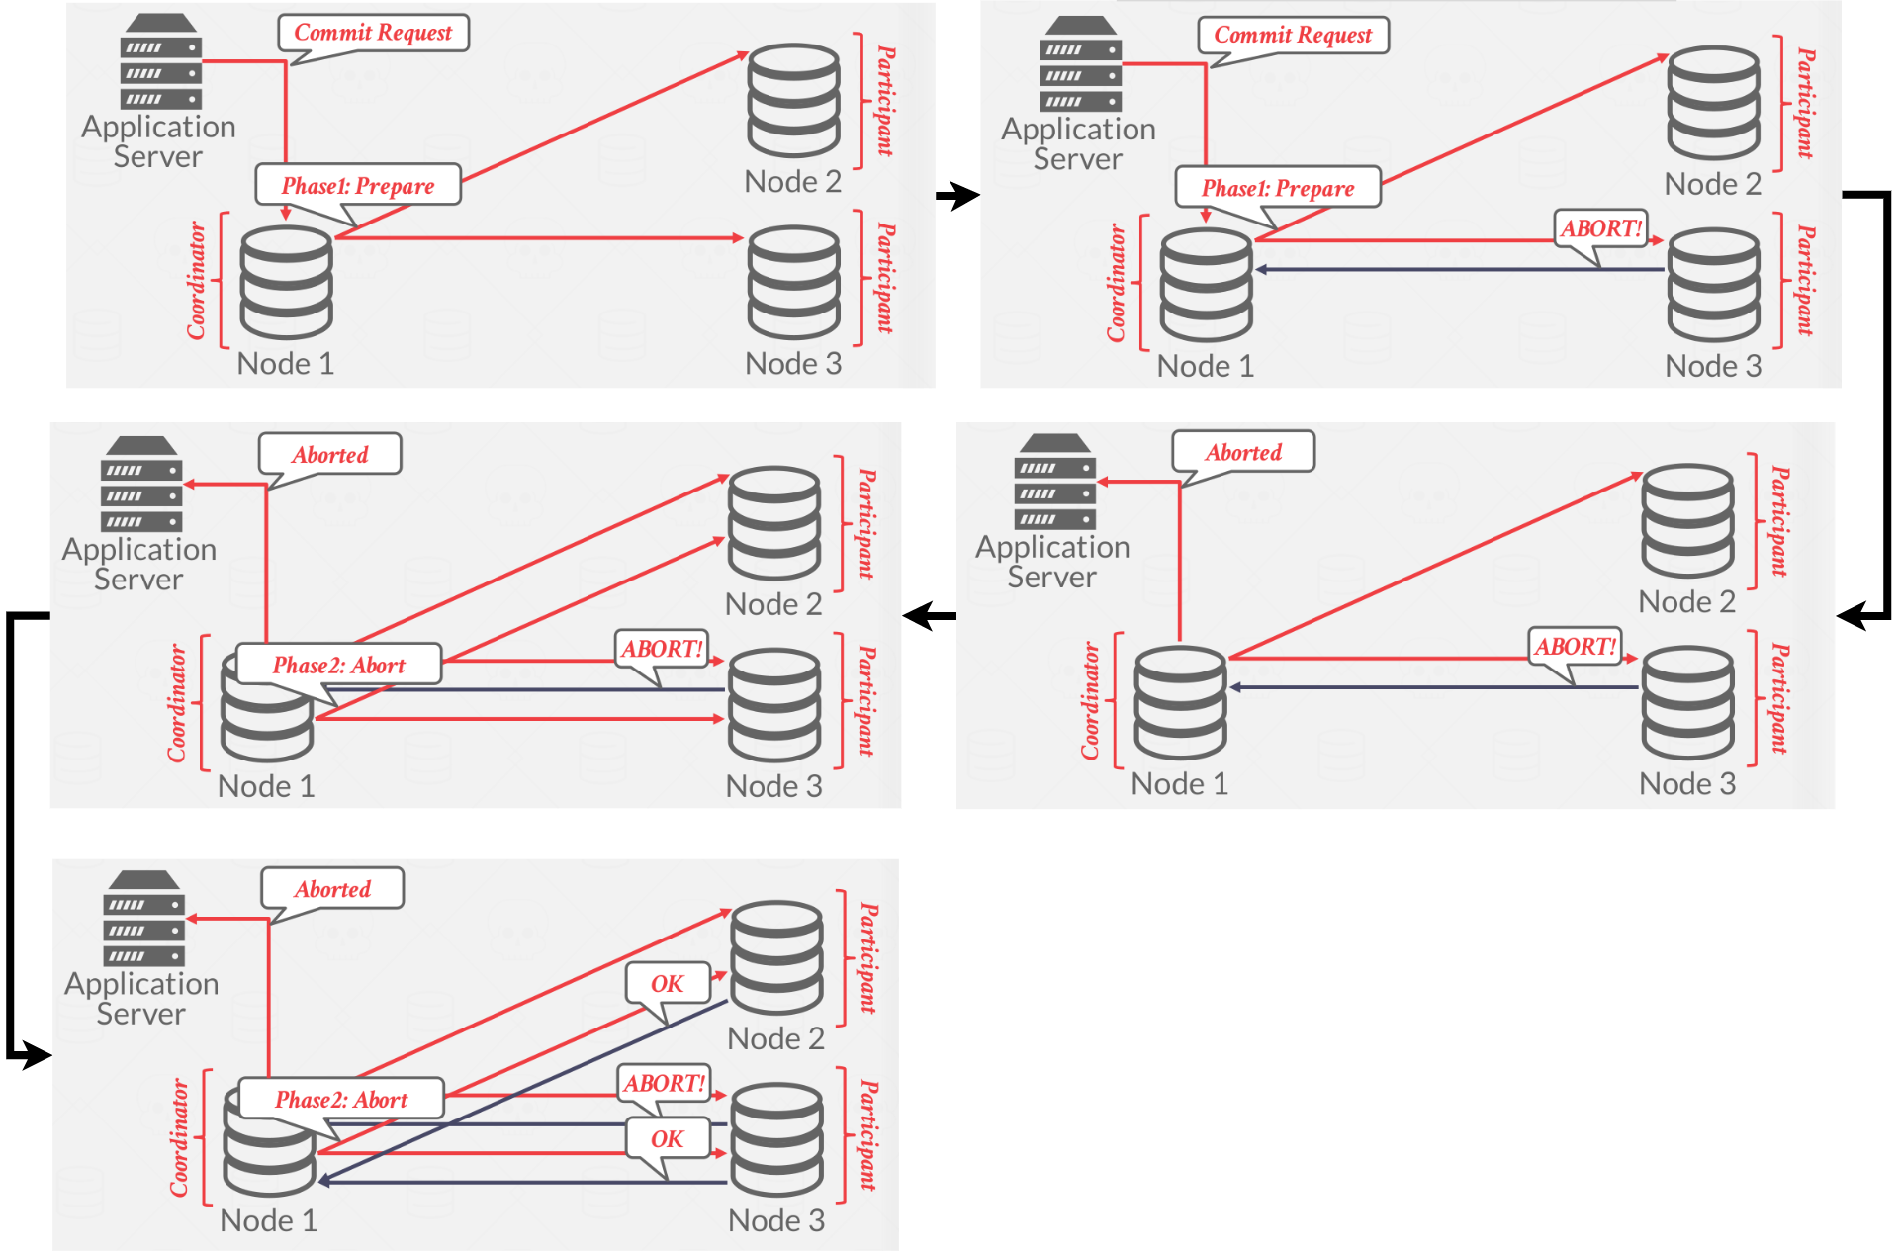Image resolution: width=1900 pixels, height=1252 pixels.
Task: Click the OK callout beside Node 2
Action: coord(668,984)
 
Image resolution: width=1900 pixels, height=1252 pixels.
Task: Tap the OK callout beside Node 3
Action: coord(668,1139)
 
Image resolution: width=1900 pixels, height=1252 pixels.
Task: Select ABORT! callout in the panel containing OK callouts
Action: coord(664,1084)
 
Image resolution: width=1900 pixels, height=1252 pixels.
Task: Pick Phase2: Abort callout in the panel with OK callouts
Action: coord(341,1100)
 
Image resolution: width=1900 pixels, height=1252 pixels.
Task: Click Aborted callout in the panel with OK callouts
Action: coord(332,889)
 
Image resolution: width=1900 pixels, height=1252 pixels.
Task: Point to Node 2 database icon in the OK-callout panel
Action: coord(776,957)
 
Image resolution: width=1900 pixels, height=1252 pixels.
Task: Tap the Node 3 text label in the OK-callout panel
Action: coord(776,1221)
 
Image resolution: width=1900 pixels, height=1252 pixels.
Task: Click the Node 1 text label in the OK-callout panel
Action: coord(269,1221)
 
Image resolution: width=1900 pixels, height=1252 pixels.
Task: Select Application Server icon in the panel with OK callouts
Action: coord(143,918)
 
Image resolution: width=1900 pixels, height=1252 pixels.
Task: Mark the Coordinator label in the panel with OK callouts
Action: coord(179,1137)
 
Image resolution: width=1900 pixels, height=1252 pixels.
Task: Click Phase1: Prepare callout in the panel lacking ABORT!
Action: coord(358,186)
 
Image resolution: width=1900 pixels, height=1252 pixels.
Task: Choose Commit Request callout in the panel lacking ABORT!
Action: coord(373,33)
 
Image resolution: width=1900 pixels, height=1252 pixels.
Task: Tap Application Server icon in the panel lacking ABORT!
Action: coord(160,61)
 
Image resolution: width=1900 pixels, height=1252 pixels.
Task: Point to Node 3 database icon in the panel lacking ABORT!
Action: coord(794,283)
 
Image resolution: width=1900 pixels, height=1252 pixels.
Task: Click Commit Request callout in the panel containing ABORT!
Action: coord(1293,36)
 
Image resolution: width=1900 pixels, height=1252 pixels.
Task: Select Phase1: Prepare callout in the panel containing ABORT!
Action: coord(1278,188)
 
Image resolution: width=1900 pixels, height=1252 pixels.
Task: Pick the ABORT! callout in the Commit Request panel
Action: coord(1600,228)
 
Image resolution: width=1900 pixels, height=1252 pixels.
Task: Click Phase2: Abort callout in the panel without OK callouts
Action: coord(339,666)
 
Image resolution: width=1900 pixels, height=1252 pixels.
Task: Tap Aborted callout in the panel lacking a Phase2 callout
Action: coord(1243,453)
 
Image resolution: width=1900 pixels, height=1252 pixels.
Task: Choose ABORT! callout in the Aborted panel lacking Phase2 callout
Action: coord(1575,647)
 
